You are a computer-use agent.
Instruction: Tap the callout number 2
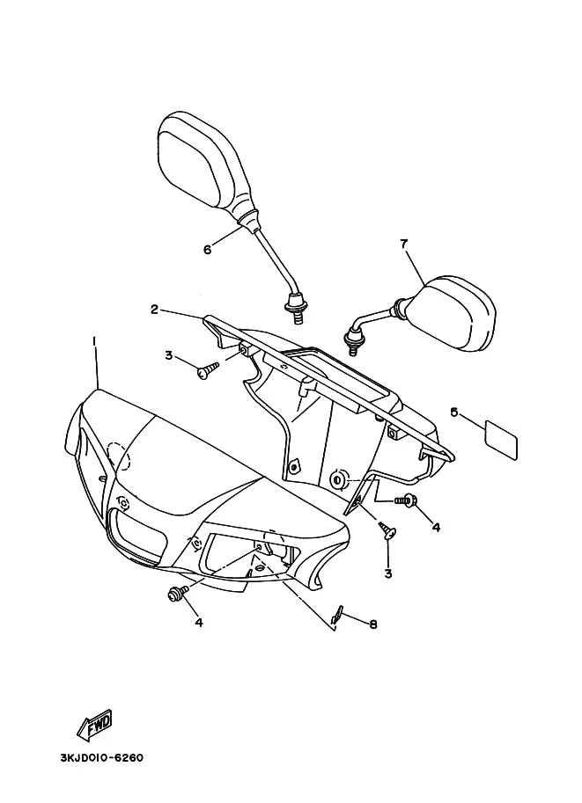pyautogui.click(x=154, y=309)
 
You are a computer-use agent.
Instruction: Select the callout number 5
pyautogui.click(x=453, y=411)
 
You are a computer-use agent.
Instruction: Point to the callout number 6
pyautogui.click(x=208, y=250)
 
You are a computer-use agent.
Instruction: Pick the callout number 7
pyautogui.click(x=404, y=245)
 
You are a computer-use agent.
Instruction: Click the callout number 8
pyautogui.click(x=373, y=624)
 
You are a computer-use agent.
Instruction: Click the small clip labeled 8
pyautogui.click(x=336, y=616)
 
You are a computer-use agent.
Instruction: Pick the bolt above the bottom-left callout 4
pyautogui.click(x=174, y=595)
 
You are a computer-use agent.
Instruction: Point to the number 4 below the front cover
pyautogui.click(x=198, y=623)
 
